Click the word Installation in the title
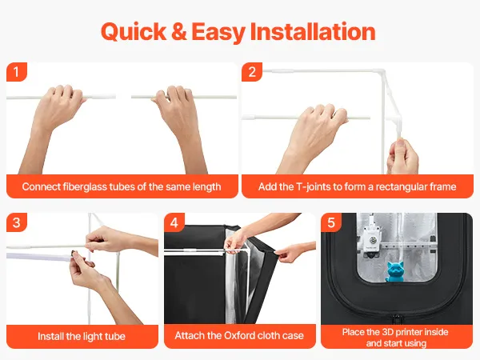313,32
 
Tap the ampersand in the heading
179,32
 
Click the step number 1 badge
17,72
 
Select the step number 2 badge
252,72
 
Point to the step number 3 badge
17,222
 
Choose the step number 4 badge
174,222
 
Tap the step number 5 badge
331,222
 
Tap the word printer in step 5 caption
412,332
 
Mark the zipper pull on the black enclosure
397,319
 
